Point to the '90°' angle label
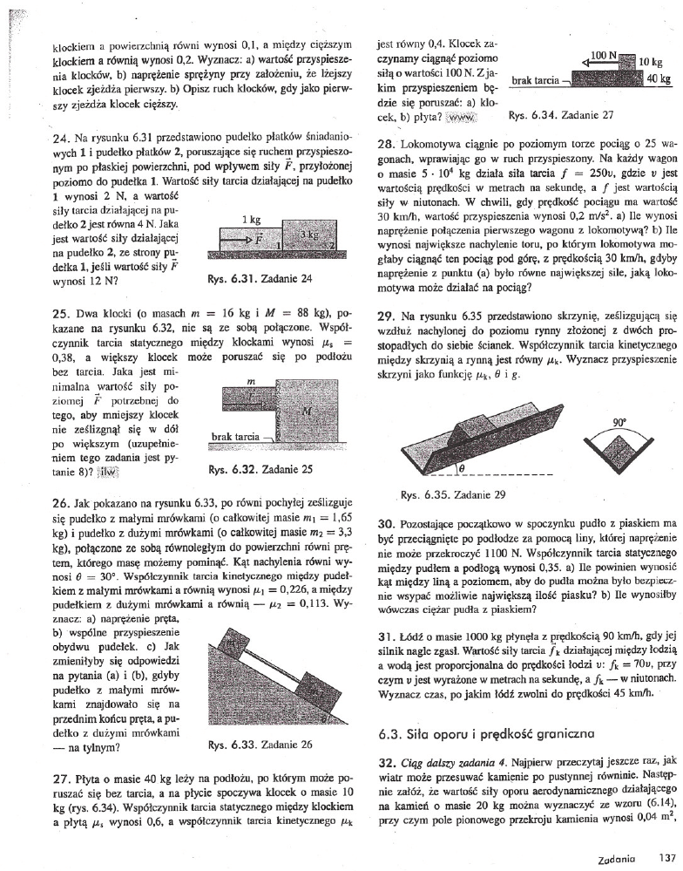[620, 420]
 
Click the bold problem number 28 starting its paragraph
[386, 140]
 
